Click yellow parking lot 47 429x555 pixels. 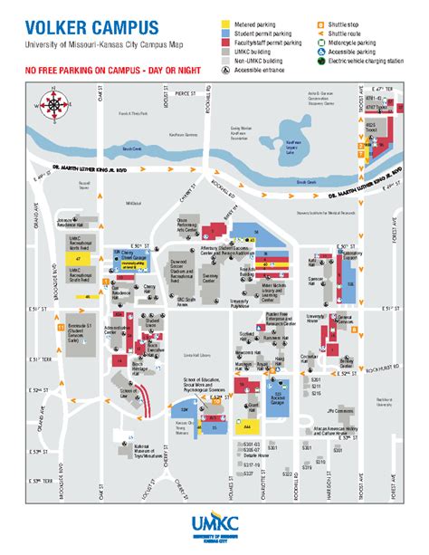(79, 258)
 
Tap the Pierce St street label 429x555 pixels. (185, 92)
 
